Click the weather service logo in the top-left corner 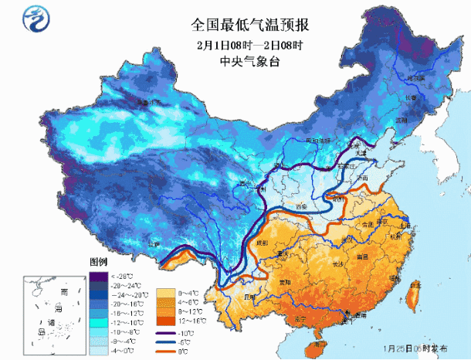(x=36, y=17)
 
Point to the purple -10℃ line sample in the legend (x=166, y=333)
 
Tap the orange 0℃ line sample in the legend (x=166, y=352)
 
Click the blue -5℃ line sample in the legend (x=166, y=342)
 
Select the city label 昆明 (x=249, y=296)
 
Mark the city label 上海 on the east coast (x=402, y=226)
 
